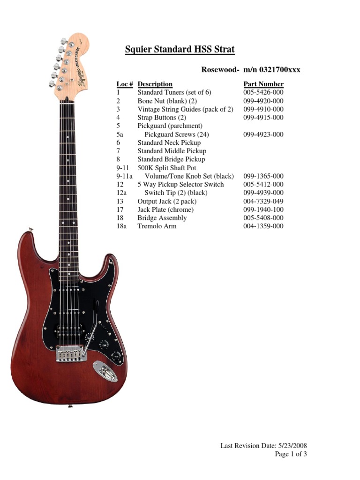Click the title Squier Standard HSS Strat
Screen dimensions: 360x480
[x=180, y=49]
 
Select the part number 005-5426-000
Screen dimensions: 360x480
[x=263, y=92]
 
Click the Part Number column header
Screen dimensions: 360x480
[x=263, y=84]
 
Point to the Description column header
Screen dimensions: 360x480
[x=155, y=84]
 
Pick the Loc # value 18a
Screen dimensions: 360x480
[x=121, y=226]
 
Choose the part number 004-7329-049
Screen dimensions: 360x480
[x=263, y=201]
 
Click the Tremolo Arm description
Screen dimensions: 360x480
[x=157, y=226]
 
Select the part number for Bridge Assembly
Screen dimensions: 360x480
[x=263, y=218]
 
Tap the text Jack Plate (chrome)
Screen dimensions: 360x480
[x=165, y=210]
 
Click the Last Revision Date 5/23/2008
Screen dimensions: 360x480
[x=264, y=446]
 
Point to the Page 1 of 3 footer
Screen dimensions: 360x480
[x=291, y=454]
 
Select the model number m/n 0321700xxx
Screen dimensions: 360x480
[x=271, y=70]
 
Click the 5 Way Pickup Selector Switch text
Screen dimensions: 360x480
[x=180, y=184]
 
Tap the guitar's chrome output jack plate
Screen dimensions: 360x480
[x=105, y=371]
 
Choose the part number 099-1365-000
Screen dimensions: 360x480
[x=263, y=176]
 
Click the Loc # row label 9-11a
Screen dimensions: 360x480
[x=124, y=176]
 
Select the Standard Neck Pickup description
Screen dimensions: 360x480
[x=169, y=142]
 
